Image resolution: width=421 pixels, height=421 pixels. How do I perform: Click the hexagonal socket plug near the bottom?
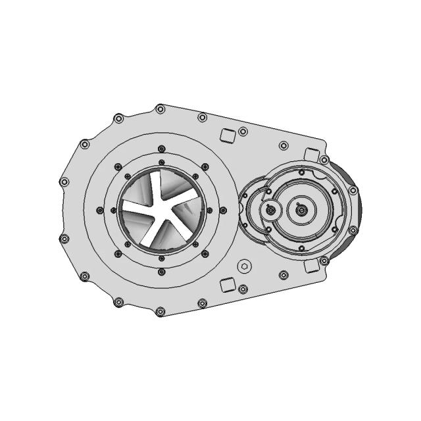coord(244,266)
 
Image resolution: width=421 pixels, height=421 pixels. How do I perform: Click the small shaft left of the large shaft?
coord(270,210)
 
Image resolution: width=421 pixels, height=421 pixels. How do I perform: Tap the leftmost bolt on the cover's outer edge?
coord(64,182)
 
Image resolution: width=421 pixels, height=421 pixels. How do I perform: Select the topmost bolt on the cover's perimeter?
coord(159,109)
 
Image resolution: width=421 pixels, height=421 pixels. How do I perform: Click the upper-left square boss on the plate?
coord(227,135)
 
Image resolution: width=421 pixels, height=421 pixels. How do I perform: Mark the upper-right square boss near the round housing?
coord(311,155)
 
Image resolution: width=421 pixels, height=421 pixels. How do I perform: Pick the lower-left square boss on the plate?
coord(227,285)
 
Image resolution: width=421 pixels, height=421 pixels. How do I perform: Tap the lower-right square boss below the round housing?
coord(311,266)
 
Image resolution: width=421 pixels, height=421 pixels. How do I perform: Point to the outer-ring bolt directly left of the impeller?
coord(99,210)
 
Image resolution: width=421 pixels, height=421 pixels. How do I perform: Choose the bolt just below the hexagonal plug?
coord(243,289)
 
